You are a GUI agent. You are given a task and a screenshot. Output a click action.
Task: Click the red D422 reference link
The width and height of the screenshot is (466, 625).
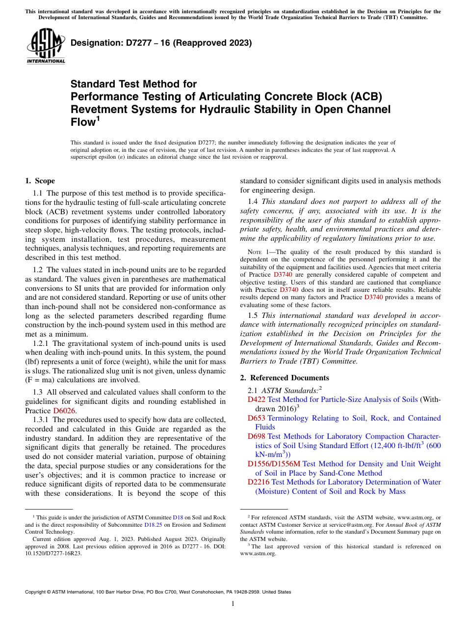257,399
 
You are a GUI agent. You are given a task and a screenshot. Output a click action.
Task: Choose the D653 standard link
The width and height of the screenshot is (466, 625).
257,418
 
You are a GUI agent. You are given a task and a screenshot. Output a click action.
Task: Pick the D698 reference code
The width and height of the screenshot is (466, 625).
257,436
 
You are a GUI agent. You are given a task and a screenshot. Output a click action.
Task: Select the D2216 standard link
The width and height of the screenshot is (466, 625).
259,482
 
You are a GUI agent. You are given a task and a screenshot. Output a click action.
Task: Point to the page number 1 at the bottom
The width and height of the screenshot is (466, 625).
233,603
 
